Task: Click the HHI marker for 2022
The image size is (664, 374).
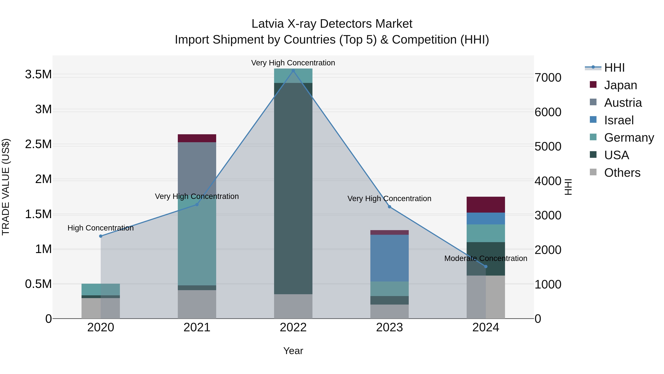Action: pos(293,71)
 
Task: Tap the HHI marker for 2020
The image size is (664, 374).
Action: pos(101,236)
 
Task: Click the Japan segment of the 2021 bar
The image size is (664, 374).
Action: pos(197,138)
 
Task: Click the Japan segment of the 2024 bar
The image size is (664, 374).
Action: pos(486,205)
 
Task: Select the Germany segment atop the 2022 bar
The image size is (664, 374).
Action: pos(293,76)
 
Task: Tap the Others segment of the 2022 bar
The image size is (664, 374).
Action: pos(293,306)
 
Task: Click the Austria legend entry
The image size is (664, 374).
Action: pos(622,103)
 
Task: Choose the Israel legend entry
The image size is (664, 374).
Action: pos(619,120)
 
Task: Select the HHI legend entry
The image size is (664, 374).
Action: pos(614,68)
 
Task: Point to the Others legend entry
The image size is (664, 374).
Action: pos(622,173)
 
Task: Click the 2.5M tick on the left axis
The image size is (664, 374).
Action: pos(38,144)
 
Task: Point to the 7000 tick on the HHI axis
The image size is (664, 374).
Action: pos(548,78)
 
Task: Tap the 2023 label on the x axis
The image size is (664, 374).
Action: pos(390,327)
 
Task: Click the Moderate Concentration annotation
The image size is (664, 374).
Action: pos(486,258)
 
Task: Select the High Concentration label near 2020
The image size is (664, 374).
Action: pos(101,228)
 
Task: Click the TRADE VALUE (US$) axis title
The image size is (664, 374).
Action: pos(6,187)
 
